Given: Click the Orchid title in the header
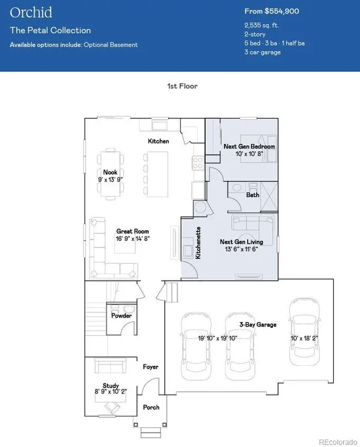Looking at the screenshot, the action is pyautogui.click(x=31, y=12).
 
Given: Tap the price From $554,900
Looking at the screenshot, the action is pyautogui.click(x=272, y=11).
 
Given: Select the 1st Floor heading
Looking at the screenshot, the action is pyautogui.click(x=183, y=86).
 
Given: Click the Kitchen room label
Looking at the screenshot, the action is pyautogui.click(x=158, y=141).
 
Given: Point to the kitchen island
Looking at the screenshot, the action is pyautogui.click(x=157, y=174).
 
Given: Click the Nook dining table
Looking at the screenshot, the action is pyautogui.click(x=111, y=174).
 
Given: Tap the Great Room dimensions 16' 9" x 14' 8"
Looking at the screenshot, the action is pyautogui.click(x=132, y=239).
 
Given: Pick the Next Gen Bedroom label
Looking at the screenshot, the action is pyautogui.click(x=249, y=146).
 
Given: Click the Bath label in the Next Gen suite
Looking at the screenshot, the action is pyautogui.click(x=253, y=195).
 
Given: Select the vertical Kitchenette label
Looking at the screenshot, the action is pyautogui.click(x=198, y=243).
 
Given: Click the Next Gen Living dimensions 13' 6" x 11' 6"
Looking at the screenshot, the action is pyautogui.click(x=242, y=249).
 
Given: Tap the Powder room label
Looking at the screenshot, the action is pyautogui.click(x=122, y=315).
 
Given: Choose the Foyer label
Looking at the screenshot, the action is pyautogui.click(x=151, y=367).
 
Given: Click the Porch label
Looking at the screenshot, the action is pyautogui.click(x=151, y=407).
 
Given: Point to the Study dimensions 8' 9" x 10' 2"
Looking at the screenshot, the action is pyautogui.click(x=111, y=391).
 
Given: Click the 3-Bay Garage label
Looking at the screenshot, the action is pyautogui.click(x=258, y=325).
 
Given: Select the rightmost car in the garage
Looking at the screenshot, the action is pyautogui.click(x=304, y=332).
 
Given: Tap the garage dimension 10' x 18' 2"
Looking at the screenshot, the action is pyautogui.click(x=304, y=338).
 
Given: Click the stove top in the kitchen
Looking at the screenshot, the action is pyautogui.click(x=198, y=163).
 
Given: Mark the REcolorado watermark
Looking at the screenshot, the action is pyautogui.click(x=338, y=442).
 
